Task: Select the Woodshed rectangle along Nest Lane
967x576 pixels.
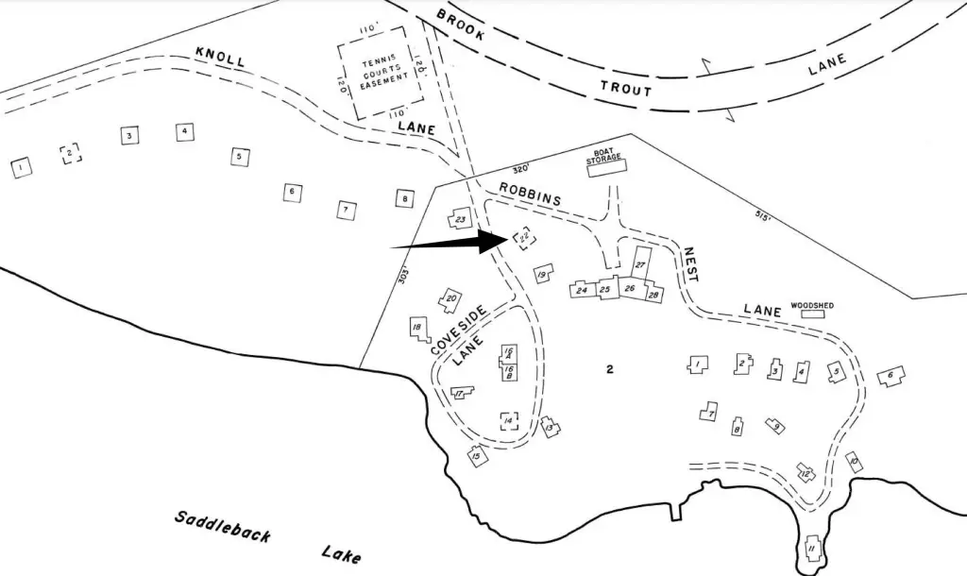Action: (x=812, y=314)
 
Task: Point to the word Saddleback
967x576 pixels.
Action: (x=223, y=527)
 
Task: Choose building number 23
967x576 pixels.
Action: (x=460, y=218)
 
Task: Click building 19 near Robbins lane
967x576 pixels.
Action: (x=542, y=274)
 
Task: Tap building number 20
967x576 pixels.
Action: (x=450, y=300)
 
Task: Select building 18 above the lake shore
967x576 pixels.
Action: (x=418, y=330)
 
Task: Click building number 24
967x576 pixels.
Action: (x=582, y=289)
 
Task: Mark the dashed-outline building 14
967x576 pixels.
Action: (x=508, y=421)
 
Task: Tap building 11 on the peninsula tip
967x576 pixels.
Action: (x=812, y=549)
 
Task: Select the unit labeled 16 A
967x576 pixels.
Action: (x=508, y=352)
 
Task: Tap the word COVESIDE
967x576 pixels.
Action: (x=458, y=330)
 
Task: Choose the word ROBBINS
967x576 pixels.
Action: (x=530, y=194)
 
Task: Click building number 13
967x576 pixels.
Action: (x=551, y=427)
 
